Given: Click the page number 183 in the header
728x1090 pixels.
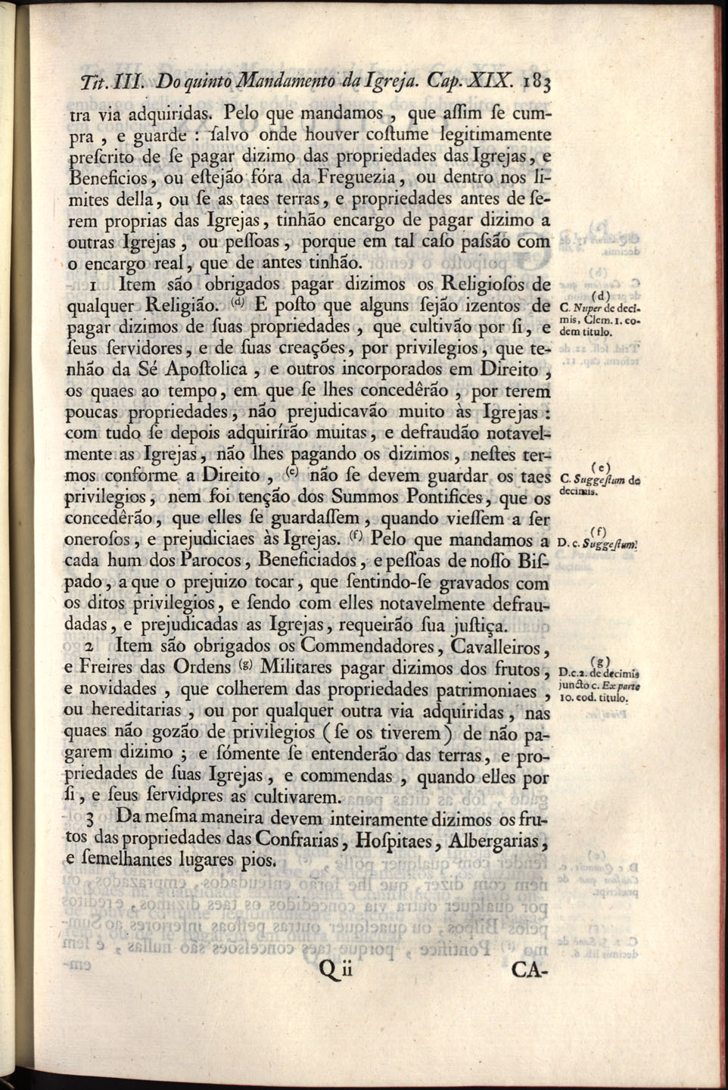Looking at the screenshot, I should tap(535, 83).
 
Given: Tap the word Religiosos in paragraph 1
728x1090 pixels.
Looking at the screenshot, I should tap(479, 285).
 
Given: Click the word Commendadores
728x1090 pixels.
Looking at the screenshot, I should tap(371, 647).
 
